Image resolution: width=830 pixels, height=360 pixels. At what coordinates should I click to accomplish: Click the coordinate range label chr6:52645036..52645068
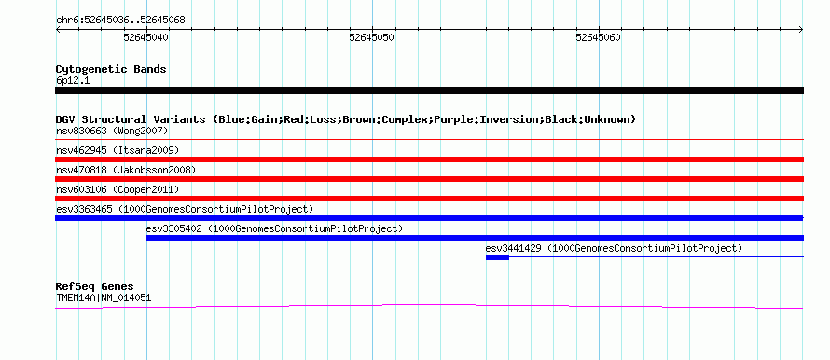[x=120, y=21]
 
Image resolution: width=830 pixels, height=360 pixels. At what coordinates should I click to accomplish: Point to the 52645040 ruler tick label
[x=146, y=37]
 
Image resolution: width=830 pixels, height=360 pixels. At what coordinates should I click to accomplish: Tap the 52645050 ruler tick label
[x=372, y=37]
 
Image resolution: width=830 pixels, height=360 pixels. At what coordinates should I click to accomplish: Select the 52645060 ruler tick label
[x=599, y=37]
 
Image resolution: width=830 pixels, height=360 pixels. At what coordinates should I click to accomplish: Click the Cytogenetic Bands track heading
[x=111, y=69]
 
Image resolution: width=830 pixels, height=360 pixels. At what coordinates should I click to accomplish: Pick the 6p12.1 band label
[x=72, y=81]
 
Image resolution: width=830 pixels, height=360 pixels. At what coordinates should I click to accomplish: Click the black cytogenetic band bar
[x=429, y=90]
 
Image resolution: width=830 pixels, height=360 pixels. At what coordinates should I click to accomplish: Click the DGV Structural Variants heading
[x=346, y=119]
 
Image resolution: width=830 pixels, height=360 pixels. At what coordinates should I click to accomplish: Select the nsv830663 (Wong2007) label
[x=112, y=131]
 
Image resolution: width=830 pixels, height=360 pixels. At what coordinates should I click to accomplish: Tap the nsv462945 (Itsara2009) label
[x=118, y=150]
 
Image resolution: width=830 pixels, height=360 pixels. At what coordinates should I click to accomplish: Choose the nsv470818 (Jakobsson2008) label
[x=126, y=170]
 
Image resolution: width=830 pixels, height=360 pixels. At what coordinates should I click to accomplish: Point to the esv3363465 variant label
[x=185, y=209]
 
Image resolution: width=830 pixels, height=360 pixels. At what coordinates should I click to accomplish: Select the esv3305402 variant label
[x=275, y=228]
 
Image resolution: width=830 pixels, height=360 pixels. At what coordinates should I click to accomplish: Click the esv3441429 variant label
[x=614, y=248]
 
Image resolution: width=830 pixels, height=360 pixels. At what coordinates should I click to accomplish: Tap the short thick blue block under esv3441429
[x=498, y=257]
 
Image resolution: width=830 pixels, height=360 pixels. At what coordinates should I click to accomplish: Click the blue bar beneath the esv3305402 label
[x=475, y=238]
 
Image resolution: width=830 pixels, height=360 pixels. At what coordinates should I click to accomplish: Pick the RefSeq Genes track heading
[x=95, y=287]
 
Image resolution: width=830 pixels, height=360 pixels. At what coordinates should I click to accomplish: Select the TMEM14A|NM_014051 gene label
[x=104, y=298]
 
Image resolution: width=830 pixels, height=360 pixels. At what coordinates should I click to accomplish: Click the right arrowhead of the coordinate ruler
[x=802, y=30]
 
